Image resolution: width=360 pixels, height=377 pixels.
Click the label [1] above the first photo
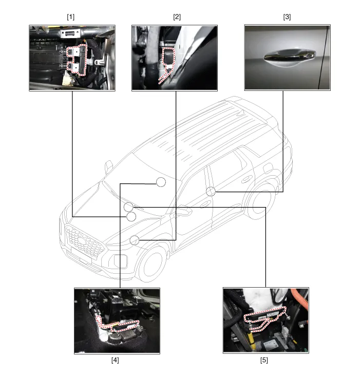(x=71, y=16)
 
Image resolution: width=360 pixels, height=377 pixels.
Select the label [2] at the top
(x=177, y=16)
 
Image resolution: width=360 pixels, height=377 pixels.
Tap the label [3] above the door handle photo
(x=287, y=16)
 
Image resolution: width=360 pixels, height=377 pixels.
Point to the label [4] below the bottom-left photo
(x=115, y=360)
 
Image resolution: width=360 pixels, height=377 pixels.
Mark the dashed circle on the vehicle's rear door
(x=211, y=192)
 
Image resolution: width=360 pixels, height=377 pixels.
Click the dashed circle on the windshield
(x=161, y=182)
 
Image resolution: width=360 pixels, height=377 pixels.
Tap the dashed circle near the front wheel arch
(x=135, y=240)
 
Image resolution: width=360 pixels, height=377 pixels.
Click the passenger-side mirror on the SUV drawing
(x=108, y=167)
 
